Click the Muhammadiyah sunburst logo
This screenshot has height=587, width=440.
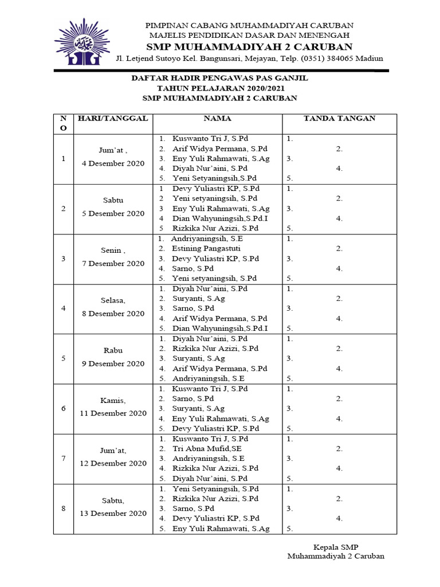82,42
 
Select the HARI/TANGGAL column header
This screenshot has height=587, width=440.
112,119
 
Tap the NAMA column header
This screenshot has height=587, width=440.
218,119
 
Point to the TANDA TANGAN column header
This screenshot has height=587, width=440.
339,119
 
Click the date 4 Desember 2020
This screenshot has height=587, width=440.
112,163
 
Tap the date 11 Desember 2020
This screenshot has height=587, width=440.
112,413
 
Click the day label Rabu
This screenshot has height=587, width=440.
113,350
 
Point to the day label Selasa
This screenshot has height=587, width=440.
112,300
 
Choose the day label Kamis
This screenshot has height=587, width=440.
112,400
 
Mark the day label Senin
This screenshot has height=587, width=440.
112,251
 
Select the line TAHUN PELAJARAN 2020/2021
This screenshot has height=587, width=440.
220,88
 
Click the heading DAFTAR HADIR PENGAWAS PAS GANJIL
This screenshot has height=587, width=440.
220,78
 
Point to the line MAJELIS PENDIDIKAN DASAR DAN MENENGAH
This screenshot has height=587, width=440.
249,36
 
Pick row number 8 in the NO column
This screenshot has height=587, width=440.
63,508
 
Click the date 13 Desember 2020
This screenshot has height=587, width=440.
112,514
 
